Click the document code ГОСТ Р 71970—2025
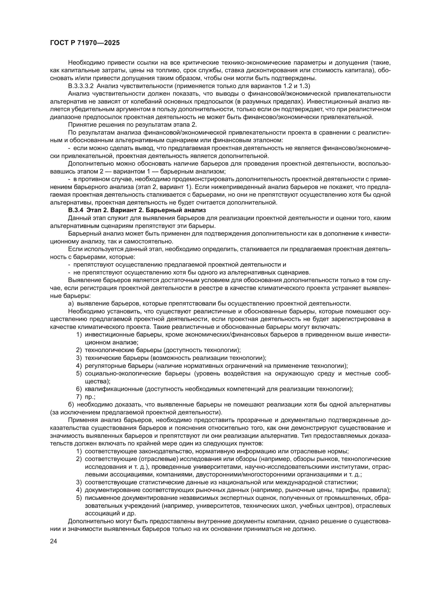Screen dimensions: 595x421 pos(85,43)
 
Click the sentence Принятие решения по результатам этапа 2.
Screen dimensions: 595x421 pos(132,125)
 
